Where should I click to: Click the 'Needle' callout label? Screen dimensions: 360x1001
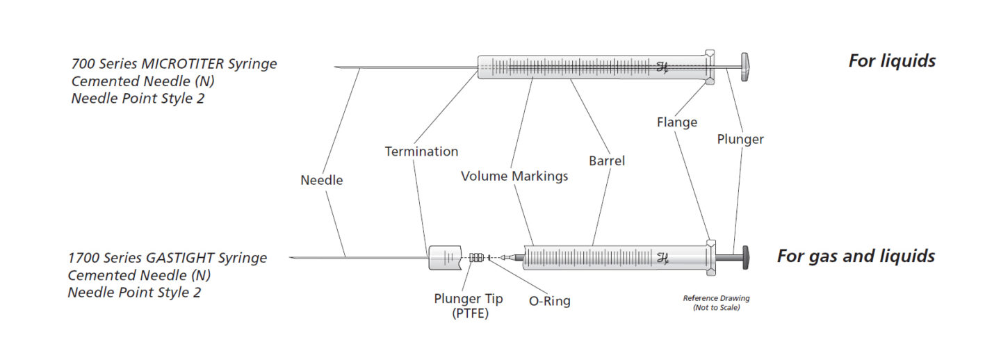pyautogui.click(x=321, y=180)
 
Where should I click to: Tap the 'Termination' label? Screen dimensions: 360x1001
pyautogui.click(x=421, y=151)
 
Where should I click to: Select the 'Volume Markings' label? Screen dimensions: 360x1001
pyautogui.click(x=514, y=176)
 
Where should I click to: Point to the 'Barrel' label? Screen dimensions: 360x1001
pyautogui.click(x=606, y=161)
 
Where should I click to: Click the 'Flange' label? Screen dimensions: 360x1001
pyautogui.click(x=676, y=122)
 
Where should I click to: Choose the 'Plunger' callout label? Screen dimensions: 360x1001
pyautogui.click(x=740, y=139)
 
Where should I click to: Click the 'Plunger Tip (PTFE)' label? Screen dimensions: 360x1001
pyautogui.click(x=469, y=306)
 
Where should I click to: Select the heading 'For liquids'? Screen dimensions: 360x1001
pyautogui.click(x=891, y=60)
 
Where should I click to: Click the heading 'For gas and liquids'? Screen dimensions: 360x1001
pyautogui.click(x=855, y=256)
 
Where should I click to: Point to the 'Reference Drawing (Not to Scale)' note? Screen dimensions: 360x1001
pyautogui.click(x=716, y=302)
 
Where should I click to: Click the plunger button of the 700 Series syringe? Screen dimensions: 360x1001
pyautogui.click(x=745, y=67)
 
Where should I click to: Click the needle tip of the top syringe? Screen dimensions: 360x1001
pyautogui.click(x=337, y=67)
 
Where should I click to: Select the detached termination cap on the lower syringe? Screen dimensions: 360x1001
pyautogui.click(x=445, y=257)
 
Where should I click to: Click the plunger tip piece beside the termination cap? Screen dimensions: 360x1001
pyautogui.click(x=476, y=257)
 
